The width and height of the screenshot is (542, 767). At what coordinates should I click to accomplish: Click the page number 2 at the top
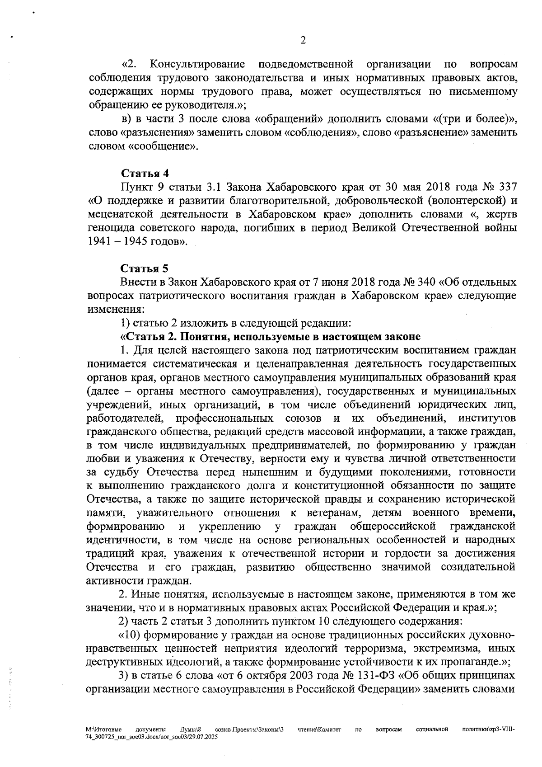click(x=303, y=41)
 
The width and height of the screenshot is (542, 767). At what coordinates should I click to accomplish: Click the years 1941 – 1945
click(x=117, y=241)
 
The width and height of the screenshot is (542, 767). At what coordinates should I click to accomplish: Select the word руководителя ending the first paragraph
click(x=199, y=105)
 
